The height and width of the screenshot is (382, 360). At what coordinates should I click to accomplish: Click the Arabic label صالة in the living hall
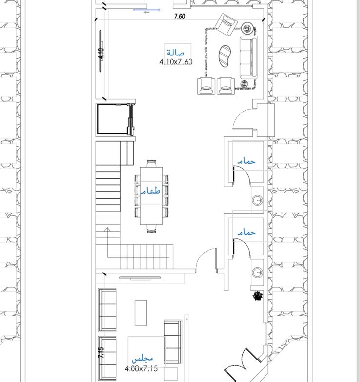coord(175,53)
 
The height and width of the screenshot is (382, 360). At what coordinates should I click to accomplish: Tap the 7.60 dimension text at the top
coord(180,17)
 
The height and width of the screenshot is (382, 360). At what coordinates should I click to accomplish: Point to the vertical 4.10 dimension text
coord(101,54)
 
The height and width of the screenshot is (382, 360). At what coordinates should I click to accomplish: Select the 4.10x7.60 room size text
coord(176,62)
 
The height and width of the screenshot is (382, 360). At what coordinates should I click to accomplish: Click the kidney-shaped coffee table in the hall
coord(225,56)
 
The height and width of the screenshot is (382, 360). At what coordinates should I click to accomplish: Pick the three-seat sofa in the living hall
coord(248,57)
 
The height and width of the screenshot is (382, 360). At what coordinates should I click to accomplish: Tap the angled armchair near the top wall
coord(227,24)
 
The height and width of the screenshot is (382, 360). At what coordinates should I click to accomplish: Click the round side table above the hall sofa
coord(247,29)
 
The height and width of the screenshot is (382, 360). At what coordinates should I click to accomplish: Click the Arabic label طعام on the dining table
coord(151,190)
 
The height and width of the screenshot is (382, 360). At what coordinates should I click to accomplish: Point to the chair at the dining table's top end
coord(152,163)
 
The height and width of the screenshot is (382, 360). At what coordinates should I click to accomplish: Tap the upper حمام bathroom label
coord(246,161)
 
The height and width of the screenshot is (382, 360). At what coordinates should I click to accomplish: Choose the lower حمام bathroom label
coord(246,232)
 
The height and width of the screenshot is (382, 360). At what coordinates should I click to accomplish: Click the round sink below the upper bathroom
coord(258,200)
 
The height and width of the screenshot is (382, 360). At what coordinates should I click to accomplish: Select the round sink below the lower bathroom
coord(258,273)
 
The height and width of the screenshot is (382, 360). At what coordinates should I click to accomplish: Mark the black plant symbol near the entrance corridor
coord(258,296)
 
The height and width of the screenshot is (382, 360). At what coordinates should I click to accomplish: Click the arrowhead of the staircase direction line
coord(107,229)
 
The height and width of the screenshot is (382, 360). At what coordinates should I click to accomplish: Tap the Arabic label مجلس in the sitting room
coord(142,359)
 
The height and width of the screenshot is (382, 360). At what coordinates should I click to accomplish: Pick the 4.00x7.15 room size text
coord(141,368)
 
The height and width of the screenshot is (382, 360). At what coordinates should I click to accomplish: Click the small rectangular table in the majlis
coord(141,313)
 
